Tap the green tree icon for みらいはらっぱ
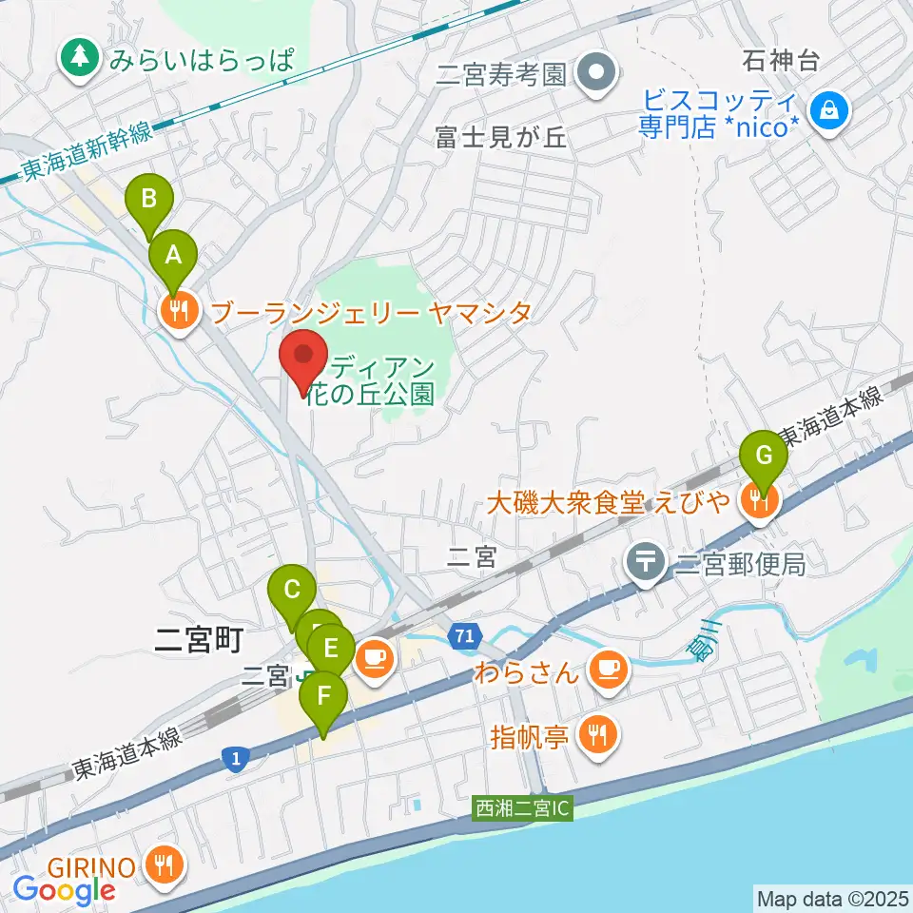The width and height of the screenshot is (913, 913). click(80, 59)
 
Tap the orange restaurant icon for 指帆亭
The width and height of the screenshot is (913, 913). click(602, 733)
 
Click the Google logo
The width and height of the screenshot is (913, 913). click(64, 889)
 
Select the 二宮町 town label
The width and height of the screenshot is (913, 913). click(200, 639)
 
